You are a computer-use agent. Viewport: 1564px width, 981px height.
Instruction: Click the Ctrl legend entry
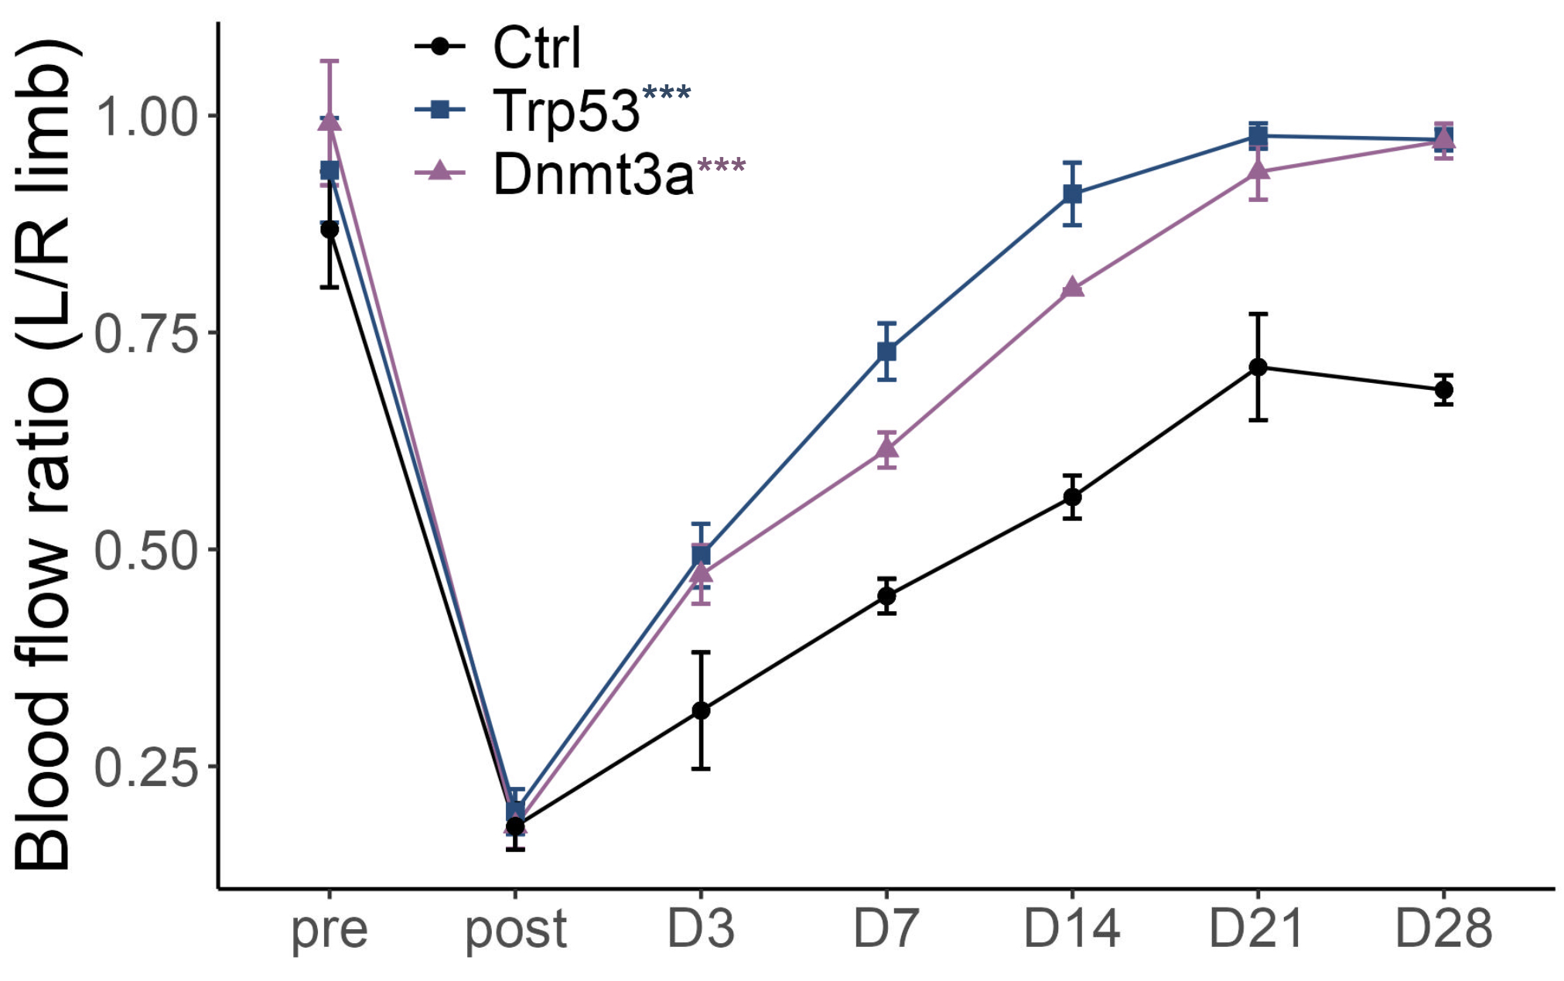coord(536,48)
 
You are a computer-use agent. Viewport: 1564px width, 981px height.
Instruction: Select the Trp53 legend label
coord(566,111)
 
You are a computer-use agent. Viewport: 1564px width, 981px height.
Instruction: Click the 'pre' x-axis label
coord(330,931)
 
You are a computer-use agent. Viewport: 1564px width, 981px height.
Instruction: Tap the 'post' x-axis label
coord(516,931)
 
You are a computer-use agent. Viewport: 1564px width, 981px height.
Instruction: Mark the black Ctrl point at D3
coord(701,710)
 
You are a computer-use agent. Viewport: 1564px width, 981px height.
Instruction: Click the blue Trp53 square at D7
coord(887,352)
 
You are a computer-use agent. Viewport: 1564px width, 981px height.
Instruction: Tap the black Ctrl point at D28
coord(1443,390)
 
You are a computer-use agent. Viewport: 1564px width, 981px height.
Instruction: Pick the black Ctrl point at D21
coord(1258,367)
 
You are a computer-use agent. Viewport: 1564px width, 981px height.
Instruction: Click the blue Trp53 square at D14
coord(1073,193)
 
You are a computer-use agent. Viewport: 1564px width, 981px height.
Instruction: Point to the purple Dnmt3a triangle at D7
coord(887,448)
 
